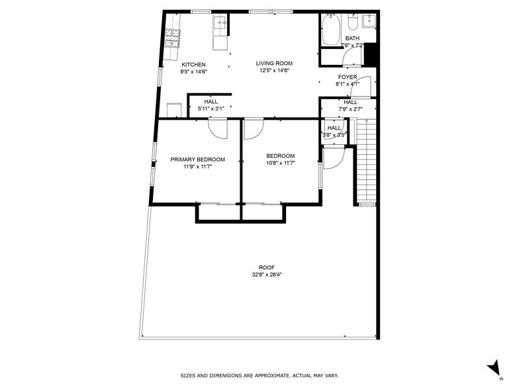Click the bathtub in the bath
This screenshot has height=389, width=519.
click(330, 30)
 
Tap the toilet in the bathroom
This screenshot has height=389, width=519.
click(352, 24)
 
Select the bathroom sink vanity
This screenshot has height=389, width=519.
click(369, 22)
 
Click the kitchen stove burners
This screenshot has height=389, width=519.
click(173, 38)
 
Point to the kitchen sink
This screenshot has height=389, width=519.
click(220, 24)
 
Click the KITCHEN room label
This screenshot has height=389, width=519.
click(194, 64)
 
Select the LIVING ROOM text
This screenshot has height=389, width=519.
click(273, 64)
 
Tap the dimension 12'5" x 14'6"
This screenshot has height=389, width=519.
click(273, 71)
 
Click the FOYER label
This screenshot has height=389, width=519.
click(348, 77)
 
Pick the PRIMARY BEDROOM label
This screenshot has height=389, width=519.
click(197, 159)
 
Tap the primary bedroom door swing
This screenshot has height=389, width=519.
click(217, 127)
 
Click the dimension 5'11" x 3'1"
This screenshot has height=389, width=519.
click(211, 108)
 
